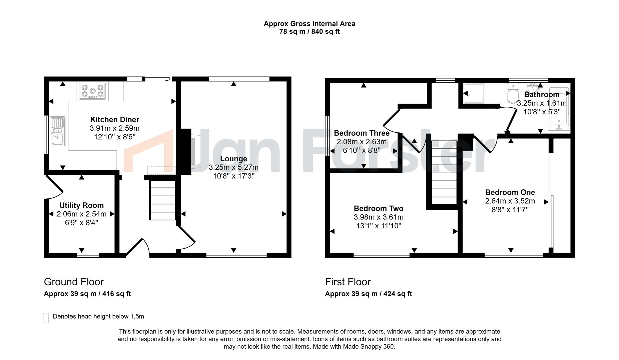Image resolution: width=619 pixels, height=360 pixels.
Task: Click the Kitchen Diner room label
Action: pos(114,120)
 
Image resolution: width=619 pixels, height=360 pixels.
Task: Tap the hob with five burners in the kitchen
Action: pos(92,91)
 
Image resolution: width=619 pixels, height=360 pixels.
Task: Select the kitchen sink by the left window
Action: pos(58,131)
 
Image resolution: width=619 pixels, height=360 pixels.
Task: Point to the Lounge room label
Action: pos(233,159)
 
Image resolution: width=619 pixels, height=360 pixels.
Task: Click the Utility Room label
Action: pos(81,205)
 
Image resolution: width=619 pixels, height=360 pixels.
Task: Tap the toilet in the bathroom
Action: pos(513,93)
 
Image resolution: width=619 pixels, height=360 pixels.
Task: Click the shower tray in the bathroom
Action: pos(474,93)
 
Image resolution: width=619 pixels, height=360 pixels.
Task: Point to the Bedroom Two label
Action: pos(379,209)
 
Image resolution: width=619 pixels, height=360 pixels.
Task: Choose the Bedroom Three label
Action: pos(362,133)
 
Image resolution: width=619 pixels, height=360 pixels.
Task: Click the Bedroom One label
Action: pos(510,192)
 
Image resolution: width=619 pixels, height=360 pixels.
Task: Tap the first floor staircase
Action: pos(444,172)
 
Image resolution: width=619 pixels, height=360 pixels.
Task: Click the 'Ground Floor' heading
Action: pos(74,282)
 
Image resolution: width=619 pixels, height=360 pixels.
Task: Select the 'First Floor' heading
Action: pos(348,282)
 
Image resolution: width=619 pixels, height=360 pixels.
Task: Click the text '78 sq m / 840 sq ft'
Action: pos(309,32)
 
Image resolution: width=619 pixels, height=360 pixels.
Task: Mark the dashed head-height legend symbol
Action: pos(46,318)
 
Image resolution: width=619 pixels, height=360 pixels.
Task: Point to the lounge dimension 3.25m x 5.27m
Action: pos(233,167)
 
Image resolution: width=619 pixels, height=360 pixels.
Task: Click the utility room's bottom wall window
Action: pos(88,255)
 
